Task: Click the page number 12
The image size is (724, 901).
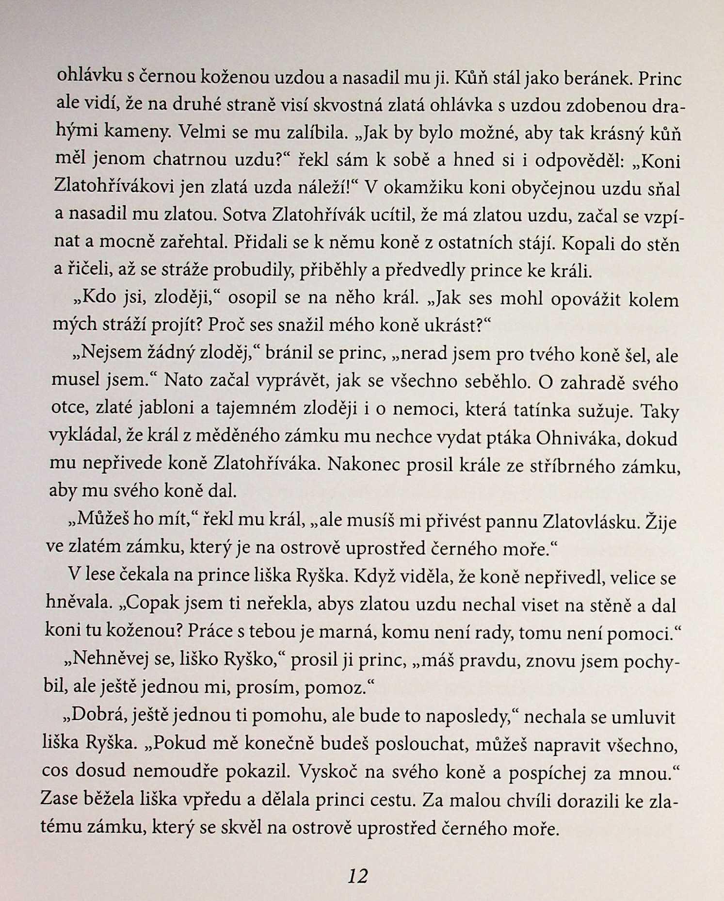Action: pos(358,876)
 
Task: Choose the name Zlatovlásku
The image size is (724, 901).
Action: pos(588,522)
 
